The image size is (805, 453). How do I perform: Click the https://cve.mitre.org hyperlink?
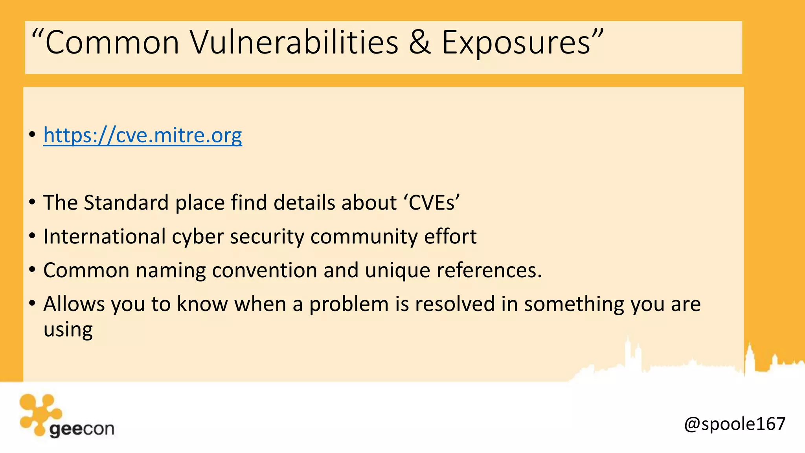point(142,135)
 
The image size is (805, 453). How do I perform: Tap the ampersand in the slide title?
point(420,42)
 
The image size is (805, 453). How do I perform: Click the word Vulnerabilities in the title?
point(294,42)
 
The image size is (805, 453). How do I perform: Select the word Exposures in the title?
point(516,42)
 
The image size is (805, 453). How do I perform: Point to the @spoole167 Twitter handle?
point(734,424)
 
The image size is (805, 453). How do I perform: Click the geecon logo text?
point(82,429)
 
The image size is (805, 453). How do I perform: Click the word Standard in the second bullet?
point(126,203)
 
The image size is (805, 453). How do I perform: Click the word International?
point(105,237)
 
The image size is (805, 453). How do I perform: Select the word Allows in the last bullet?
point(74,304)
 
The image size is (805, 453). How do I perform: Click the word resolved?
point(455,304)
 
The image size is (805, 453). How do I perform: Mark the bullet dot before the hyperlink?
point(32,135)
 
